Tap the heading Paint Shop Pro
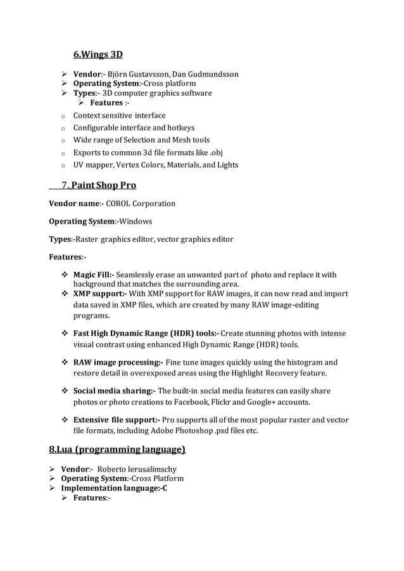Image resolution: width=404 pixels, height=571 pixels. click(x=103, y=185)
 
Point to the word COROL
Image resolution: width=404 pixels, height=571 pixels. click(x=120, y=204)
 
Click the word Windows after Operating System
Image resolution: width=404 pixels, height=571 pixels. click(x=136, y=222)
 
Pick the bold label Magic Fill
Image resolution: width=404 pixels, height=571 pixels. click(x=93, y=275)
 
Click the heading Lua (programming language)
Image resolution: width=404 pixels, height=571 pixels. click(x=117, y=450)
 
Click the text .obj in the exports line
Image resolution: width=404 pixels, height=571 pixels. click(x=216, y=153)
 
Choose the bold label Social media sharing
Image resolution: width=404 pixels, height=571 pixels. click(x=114, y=391)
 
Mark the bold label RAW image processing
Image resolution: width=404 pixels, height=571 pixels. click(x=118, y=362)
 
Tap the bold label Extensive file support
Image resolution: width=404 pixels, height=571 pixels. click(x=117, y=420)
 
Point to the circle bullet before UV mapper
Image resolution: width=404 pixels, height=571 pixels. click(x=56, y=165)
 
